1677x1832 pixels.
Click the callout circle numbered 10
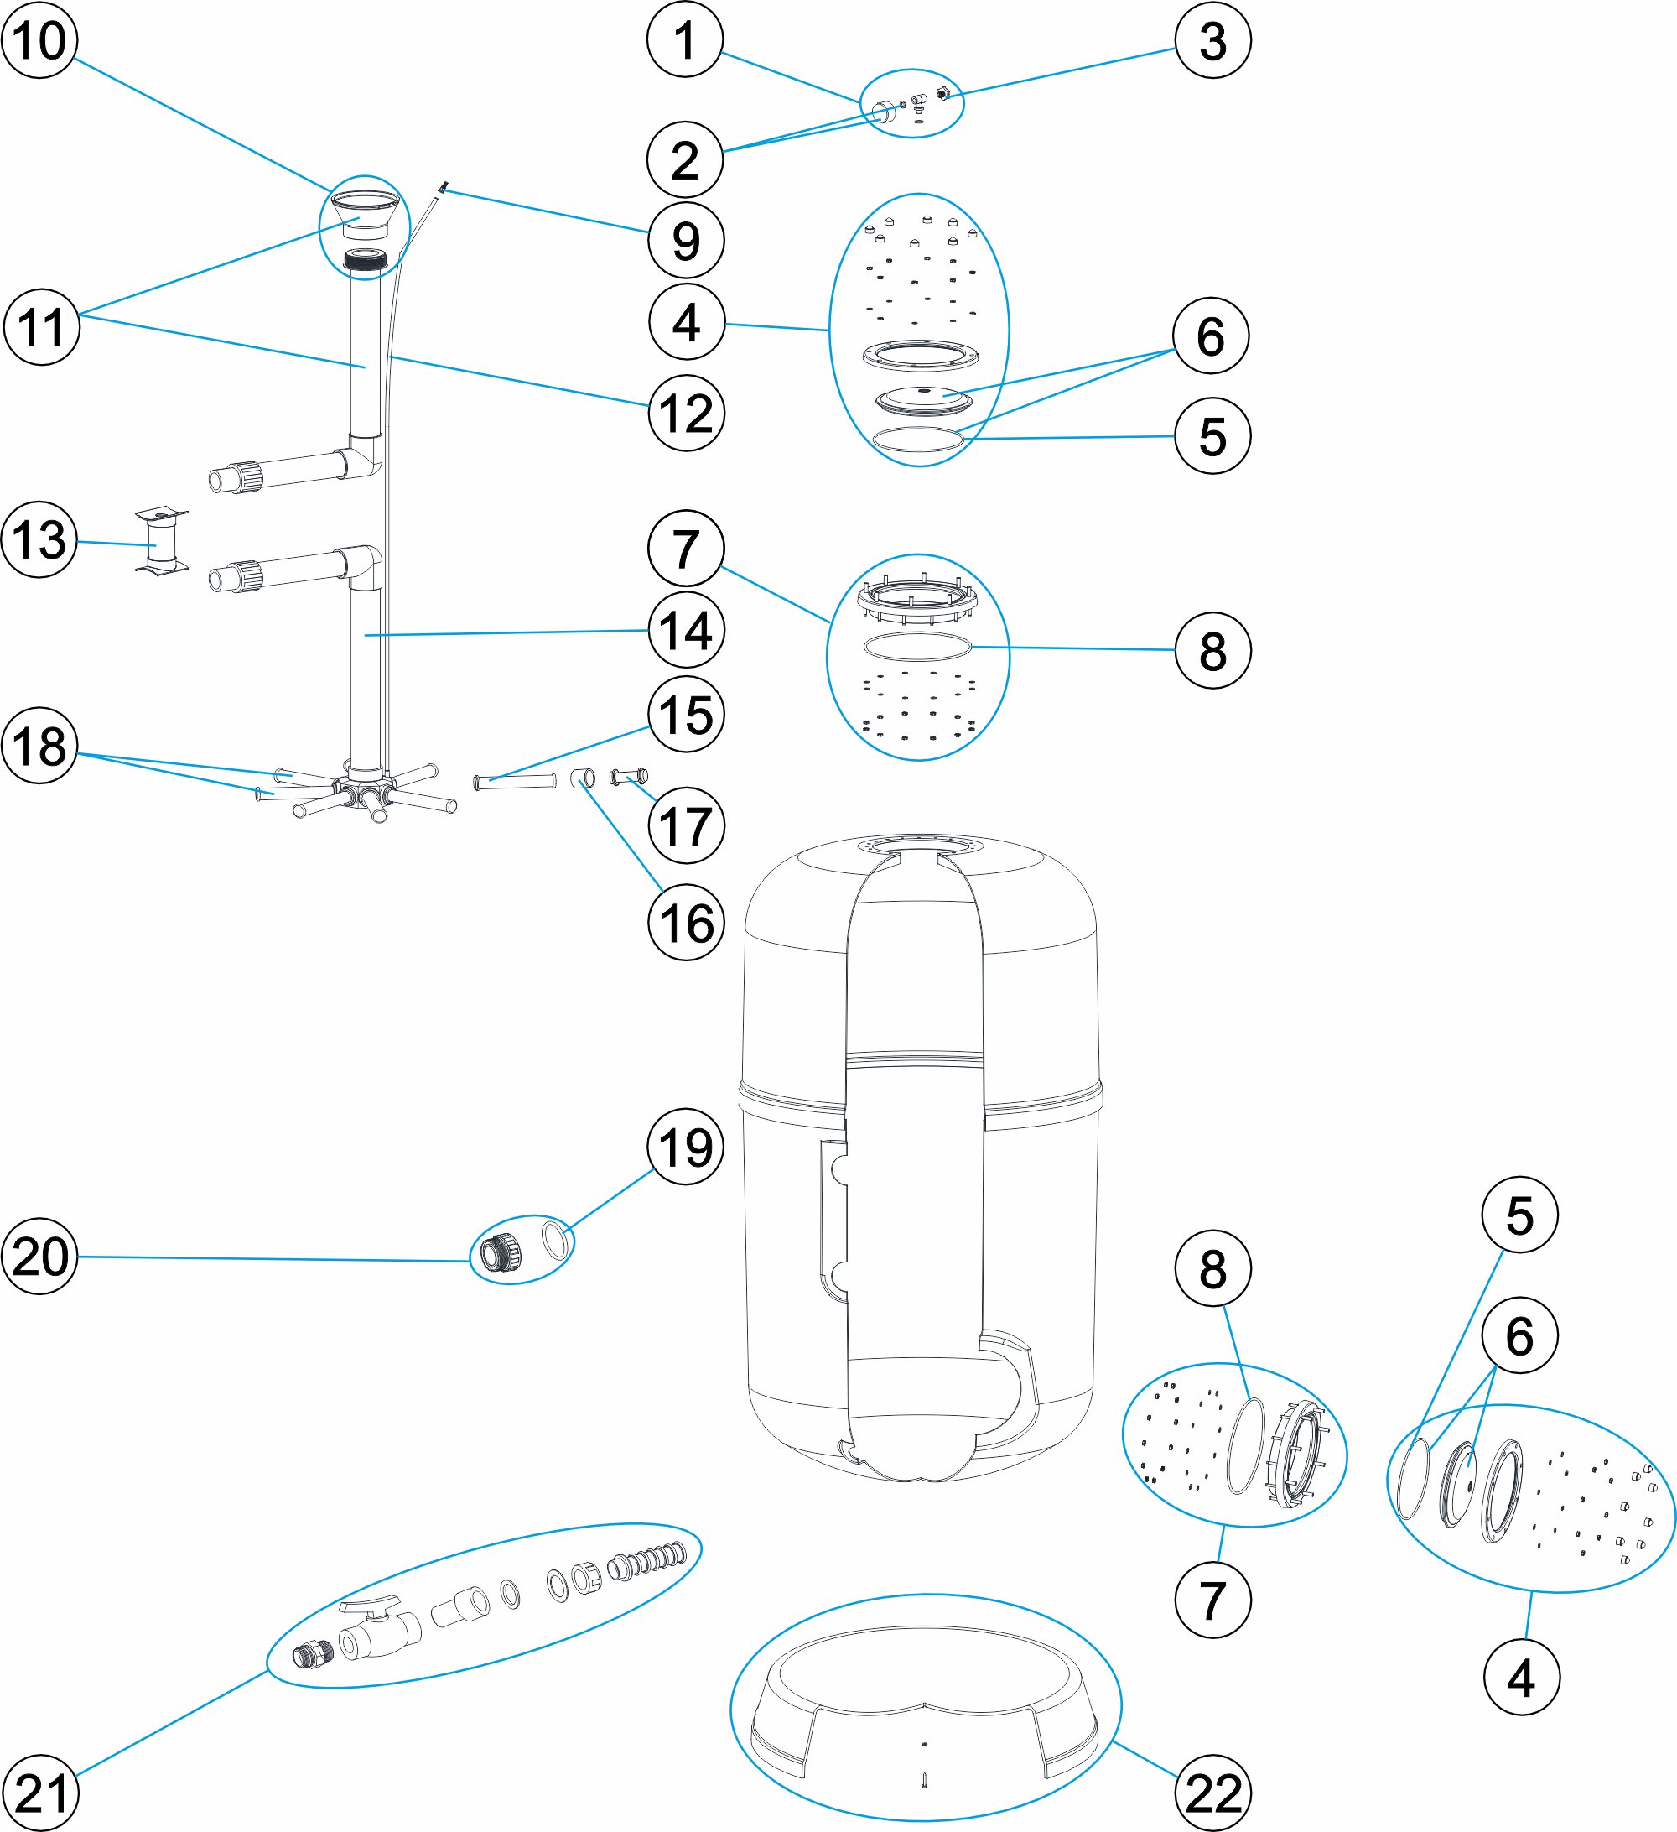(x=39, y=40)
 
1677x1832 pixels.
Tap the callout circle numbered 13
(x=39, y=540)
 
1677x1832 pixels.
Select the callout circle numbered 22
(x=1212, y=1793)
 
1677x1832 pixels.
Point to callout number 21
(x=41, y=1793)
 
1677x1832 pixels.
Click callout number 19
(x=685, y=1147)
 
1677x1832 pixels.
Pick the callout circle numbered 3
(x=1212, y=40)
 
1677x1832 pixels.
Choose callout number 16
(x=686, y=923)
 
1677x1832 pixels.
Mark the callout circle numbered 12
(x=686, y=414)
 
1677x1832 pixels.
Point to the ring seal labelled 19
(x=555, y=1241)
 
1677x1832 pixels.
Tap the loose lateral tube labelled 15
(x=514, y=781)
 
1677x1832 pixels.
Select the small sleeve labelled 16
(x=582, y=778)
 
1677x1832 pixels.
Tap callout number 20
(x=40, y=1256)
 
